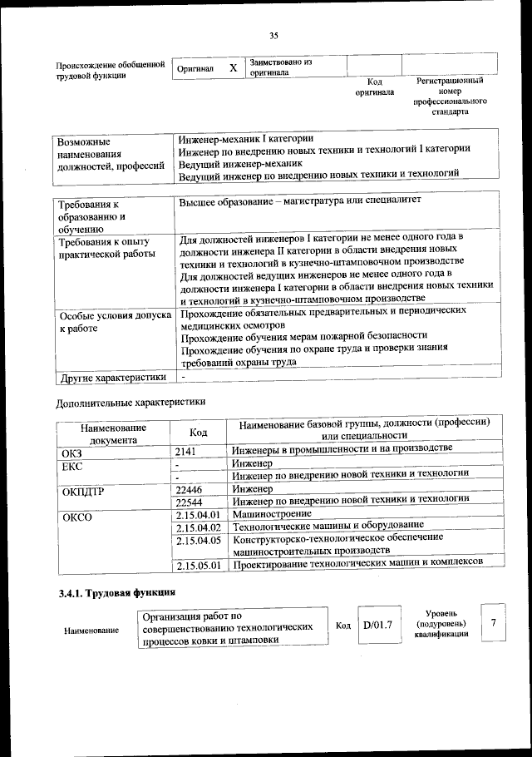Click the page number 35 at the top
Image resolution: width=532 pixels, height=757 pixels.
[273, 34]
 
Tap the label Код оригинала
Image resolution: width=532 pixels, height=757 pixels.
[374, 87]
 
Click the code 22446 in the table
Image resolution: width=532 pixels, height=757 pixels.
[190, 489]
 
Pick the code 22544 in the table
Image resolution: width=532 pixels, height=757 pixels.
[190, 502]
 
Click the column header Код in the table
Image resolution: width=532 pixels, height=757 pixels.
[198, 433]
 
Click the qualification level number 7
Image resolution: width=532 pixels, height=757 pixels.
[494, 623]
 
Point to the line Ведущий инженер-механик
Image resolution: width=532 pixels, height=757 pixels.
[239, 161]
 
